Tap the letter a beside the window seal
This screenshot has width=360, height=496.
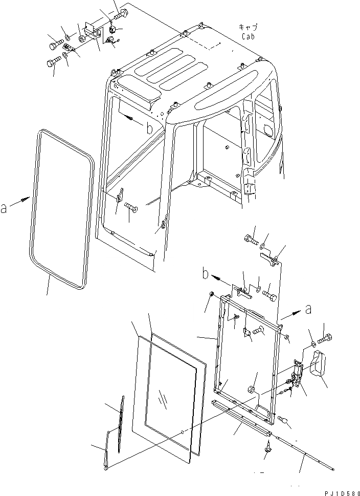point(4,208)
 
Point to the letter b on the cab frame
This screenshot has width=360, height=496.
point(149,128)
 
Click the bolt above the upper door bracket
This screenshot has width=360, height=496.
point(251,239)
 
